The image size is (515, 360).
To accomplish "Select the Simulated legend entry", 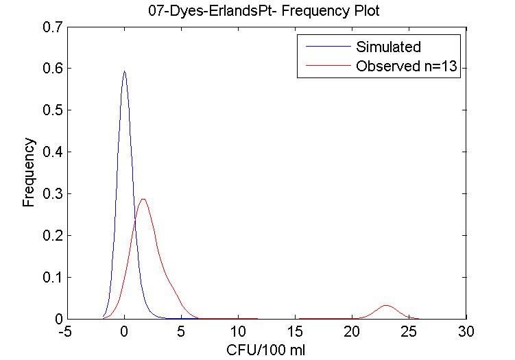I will (388, 47).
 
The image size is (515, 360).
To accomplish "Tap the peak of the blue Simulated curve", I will (124, 71).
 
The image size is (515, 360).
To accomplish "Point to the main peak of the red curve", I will (143, 200).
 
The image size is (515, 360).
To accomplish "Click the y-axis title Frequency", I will (29, 173).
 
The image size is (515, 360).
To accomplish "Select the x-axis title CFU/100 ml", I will (266, 350).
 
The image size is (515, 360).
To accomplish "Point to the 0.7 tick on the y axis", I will (50, 27).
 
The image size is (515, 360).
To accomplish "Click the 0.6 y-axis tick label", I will (50, 69).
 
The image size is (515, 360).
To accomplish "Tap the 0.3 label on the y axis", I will (50, 195).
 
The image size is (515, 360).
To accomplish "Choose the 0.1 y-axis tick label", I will (50, 278).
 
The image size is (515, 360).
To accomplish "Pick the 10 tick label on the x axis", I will (238, 332).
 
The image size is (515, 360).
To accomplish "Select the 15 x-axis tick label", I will (295, 332).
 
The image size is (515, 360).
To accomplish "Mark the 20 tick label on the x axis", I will (352, 332).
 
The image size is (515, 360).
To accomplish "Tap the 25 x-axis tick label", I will (409, 332).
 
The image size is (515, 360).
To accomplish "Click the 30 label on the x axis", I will (466, 332).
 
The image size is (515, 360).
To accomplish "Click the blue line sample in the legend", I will (324, 47).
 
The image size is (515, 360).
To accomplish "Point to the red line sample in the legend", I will (324, 67).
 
